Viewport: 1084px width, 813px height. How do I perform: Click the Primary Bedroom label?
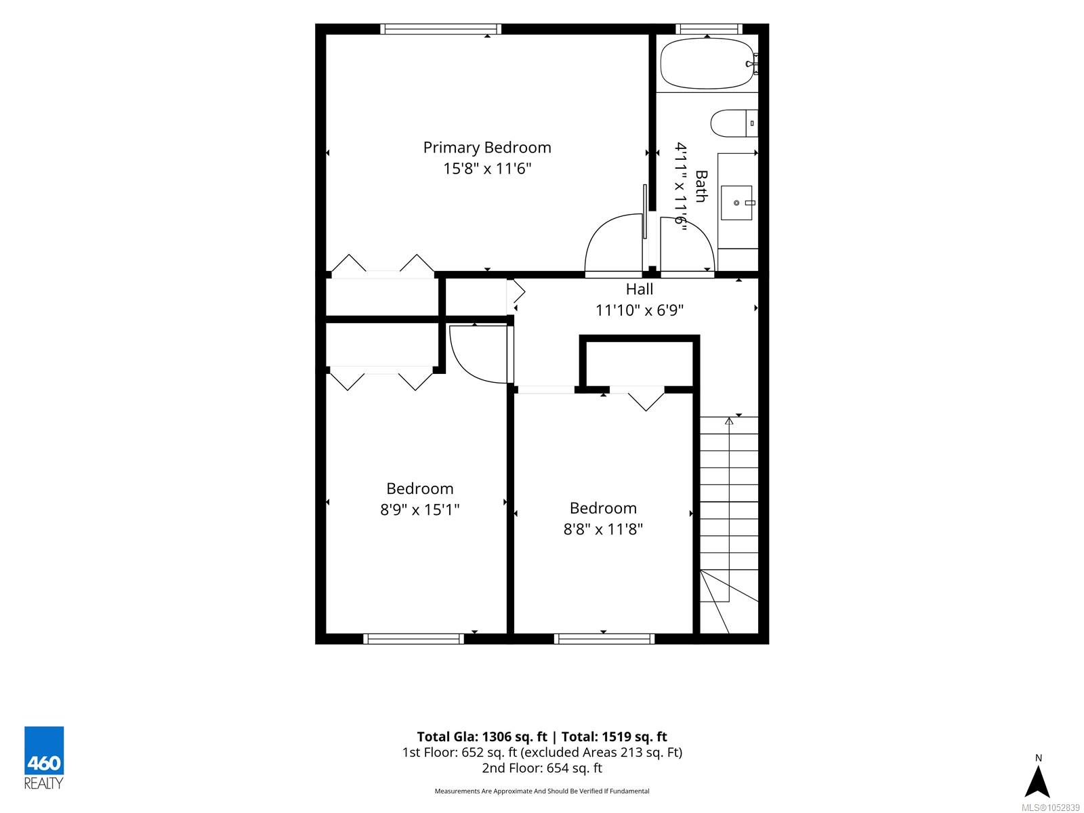pos(487,148)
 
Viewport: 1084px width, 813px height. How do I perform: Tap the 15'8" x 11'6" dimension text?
pos(487,169)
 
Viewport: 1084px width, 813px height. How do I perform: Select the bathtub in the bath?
pos(708,64)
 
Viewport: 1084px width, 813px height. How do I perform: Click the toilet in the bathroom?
pos(734,123)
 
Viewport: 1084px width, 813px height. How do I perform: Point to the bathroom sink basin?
pos(736,203)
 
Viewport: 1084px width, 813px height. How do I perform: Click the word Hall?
pos(639,289)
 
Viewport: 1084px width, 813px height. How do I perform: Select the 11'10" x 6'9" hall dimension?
pos(639,310)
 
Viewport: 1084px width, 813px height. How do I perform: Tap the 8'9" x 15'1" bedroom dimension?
pos(420,509)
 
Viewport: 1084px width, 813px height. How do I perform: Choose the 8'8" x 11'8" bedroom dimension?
pos(603,529)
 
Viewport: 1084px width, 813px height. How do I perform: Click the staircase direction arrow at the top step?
pos(729,421)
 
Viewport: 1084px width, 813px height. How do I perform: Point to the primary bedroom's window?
pos(440,29)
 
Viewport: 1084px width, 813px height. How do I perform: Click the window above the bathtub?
pos(709,29)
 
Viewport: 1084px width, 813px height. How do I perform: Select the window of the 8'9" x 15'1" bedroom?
pos(413,639)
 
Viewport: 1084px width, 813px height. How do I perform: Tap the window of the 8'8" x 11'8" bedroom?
pos(604,639)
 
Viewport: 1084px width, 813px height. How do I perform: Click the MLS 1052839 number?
pos(1050,808)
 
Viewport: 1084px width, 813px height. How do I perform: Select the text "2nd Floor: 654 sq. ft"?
pos(542,768)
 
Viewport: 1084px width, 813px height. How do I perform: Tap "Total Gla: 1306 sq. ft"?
pos(482,737)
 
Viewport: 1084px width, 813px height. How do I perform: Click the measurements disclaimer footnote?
pos(542,791)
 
